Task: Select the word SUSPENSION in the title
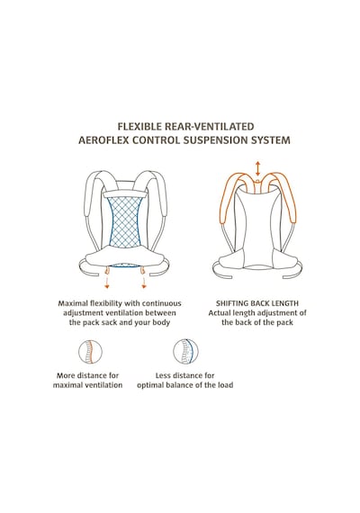tap(216, 140)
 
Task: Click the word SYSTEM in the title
tap(271, 140)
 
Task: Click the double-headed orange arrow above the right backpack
tap(258, 168)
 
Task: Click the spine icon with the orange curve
tap(90, 353)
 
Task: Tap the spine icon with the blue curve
tap(185, 351)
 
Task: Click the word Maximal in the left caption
tap(73, 303)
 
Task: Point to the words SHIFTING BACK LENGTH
tap(257, 303)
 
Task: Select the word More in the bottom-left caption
tap(67, 375)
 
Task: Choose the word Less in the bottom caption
tap(163, 375)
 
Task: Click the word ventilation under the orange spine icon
tap(103, 385)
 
